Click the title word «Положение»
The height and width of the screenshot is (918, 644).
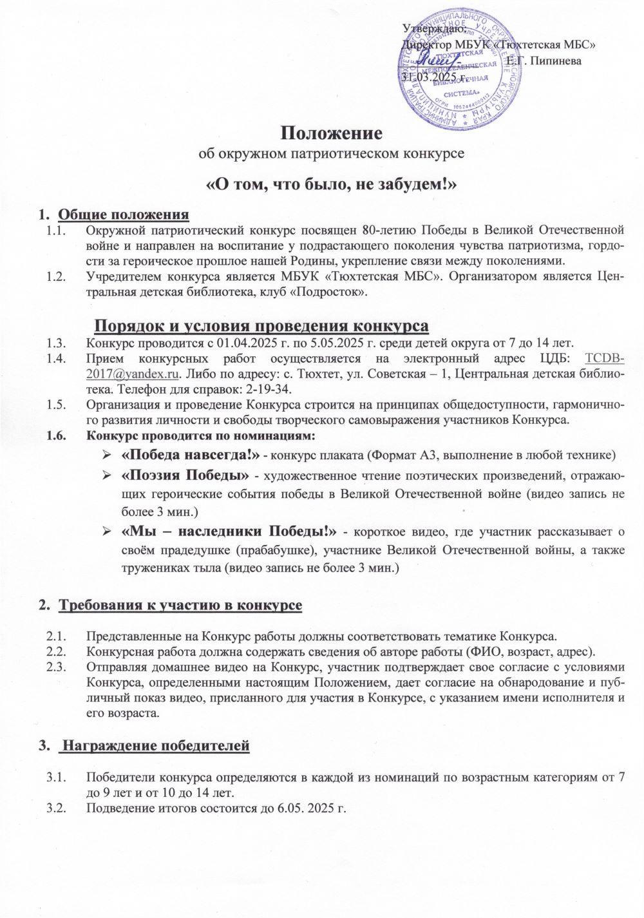click(332, 133)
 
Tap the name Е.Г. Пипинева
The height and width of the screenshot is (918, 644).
click(544, 61)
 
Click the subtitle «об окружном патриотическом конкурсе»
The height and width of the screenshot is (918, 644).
click(331, 155)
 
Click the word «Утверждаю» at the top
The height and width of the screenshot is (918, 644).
click(430, 28)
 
